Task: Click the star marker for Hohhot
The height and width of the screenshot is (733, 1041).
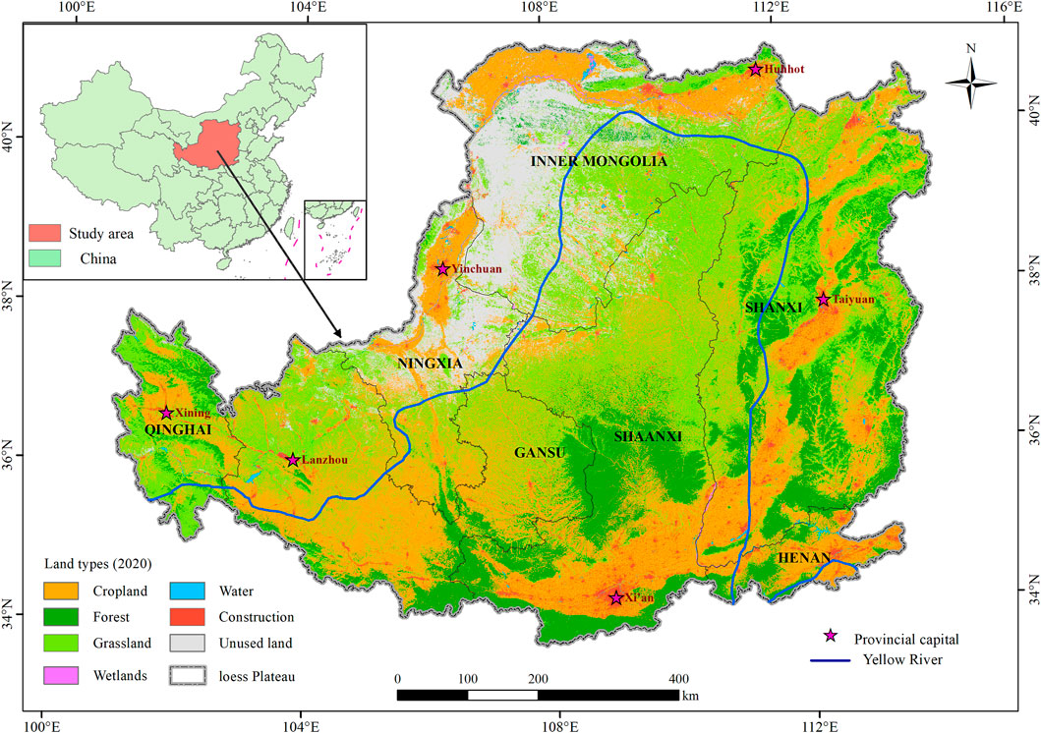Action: (x=755, y=70)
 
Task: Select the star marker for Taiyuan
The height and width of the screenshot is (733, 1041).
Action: (x=823, y=299)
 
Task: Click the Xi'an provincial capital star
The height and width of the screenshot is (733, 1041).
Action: (x=615, y=597)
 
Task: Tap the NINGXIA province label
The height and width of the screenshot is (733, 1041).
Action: (x=430, y=363)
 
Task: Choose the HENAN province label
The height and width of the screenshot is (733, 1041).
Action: (x=805, y=557)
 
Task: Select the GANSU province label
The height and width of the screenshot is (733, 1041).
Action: (x=540, y=453)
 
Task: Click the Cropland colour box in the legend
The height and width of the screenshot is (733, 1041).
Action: (x=63, y=592)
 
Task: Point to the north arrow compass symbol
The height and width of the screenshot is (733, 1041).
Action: (x=970, y=83)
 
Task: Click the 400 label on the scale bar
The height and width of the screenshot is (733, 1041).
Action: (x=677, y=679)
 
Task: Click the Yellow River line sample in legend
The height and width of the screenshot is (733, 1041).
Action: (x=832, y=659)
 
